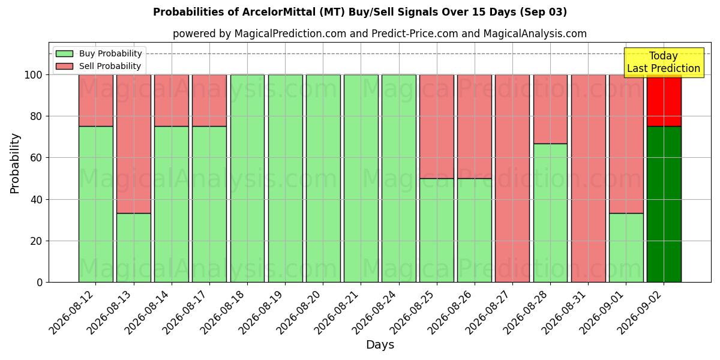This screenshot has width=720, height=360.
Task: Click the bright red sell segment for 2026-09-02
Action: click(664, 101)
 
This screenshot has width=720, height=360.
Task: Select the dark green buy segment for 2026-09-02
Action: click(664, 204)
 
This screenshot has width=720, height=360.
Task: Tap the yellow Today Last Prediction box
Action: click(664, 62)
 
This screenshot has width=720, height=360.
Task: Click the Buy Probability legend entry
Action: click(98, 53)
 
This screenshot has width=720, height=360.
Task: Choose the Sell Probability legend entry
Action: click(98, 66)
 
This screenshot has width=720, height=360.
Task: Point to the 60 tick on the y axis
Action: click(37, 158)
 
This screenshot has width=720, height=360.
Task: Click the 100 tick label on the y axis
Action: click(34, 75)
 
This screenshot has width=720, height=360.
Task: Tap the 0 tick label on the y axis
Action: click(40, 283)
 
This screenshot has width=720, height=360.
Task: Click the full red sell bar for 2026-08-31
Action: click(588, 178)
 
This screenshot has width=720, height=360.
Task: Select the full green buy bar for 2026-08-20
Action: click(323, 178)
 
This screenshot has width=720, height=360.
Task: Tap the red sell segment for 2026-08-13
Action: click(134, 144)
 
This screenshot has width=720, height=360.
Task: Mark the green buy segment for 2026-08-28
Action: click(550, 213)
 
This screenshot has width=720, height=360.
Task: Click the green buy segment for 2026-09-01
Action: click(626, 247)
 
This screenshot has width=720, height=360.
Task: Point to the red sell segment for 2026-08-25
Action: click(437, 127)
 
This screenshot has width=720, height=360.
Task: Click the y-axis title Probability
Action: click(14, 163)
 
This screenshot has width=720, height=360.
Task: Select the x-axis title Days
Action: click(380, 345)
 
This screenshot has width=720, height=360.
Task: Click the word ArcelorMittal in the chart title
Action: click(278, 12)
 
